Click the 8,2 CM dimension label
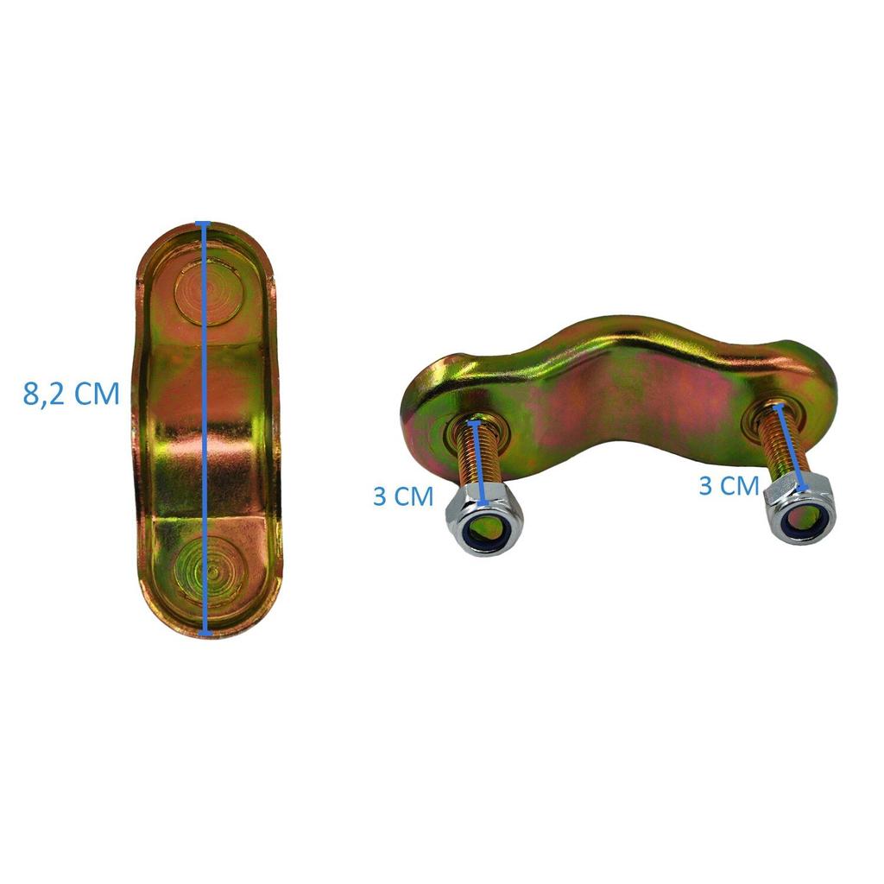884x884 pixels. point(71,394)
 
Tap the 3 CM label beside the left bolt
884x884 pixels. point(402,497)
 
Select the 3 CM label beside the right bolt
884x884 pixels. point(728,486)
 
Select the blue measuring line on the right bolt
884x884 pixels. point(792,449)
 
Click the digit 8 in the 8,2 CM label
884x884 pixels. point(33,394)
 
